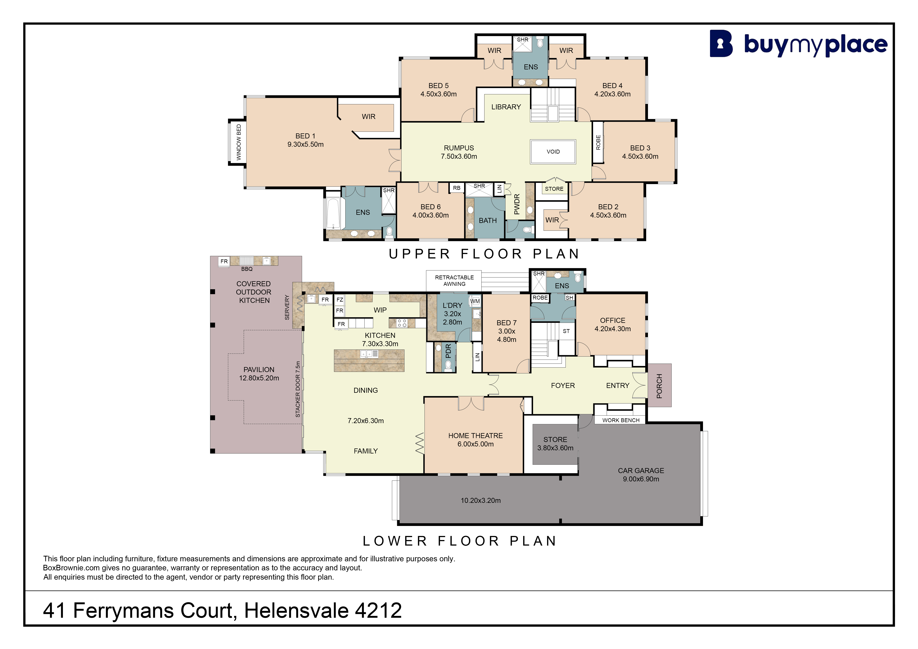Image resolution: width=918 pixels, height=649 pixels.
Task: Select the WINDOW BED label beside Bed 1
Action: point(239,142)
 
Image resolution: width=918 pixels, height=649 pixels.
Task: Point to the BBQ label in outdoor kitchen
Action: point(247,269)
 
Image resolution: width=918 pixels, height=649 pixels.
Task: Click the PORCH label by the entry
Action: point(659,386)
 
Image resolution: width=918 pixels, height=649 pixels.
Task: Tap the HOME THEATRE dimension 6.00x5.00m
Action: point(475,444)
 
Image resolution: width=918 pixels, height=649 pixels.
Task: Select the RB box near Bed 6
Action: point(457,188)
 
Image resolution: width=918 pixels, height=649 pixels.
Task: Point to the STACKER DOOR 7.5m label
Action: point(298,389)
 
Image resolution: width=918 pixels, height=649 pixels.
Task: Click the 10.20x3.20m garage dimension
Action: point(481,500)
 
